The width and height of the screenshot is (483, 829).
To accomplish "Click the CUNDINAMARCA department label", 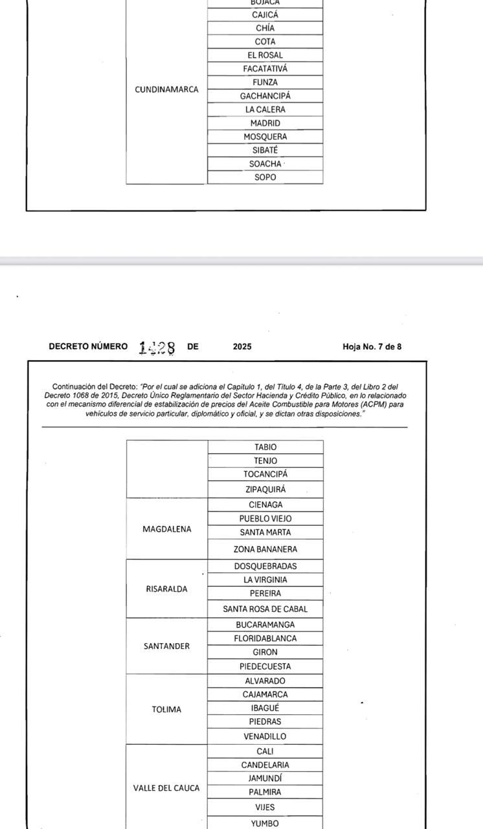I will click(x=166, y=89).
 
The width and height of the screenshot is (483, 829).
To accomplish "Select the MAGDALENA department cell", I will click(x=166, y=528).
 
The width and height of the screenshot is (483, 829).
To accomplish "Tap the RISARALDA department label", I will click(x=166, y=589).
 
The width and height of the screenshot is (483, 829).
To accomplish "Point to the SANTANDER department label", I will click(x=166, y=646).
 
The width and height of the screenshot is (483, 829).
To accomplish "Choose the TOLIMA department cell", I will click(x=166, y=709).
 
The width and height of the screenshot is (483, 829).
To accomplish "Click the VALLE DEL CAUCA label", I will click(x=166, y=788).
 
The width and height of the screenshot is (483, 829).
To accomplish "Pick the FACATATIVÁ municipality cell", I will click(x=265, y=69).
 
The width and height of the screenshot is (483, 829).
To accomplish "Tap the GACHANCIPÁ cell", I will click(x=265, y=96).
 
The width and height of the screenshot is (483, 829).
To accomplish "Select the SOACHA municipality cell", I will click(x=265, y=164).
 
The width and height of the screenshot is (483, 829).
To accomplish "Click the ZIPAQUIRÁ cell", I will click(x=265, y=490).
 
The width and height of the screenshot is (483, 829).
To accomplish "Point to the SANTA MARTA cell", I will click(x=265, y=532).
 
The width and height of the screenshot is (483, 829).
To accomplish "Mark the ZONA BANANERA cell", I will click(x=265, y=549).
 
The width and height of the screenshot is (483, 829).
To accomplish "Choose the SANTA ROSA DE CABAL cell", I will click(x=265, y=609).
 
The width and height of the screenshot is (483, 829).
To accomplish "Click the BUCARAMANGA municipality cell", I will click(x=265, y=625).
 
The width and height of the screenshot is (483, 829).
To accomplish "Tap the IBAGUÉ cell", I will click(x=265, y=708).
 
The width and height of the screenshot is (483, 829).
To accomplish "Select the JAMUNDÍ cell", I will click(x=265, y=778).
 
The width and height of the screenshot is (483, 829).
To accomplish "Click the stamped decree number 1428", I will click(x=157, y=348).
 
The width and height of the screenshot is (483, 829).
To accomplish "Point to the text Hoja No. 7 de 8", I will click(x=372, y=346).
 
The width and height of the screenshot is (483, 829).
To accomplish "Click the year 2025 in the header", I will click(x=242, y=346).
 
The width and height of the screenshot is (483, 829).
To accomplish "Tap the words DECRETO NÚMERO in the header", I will click(x=88, y=346).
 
